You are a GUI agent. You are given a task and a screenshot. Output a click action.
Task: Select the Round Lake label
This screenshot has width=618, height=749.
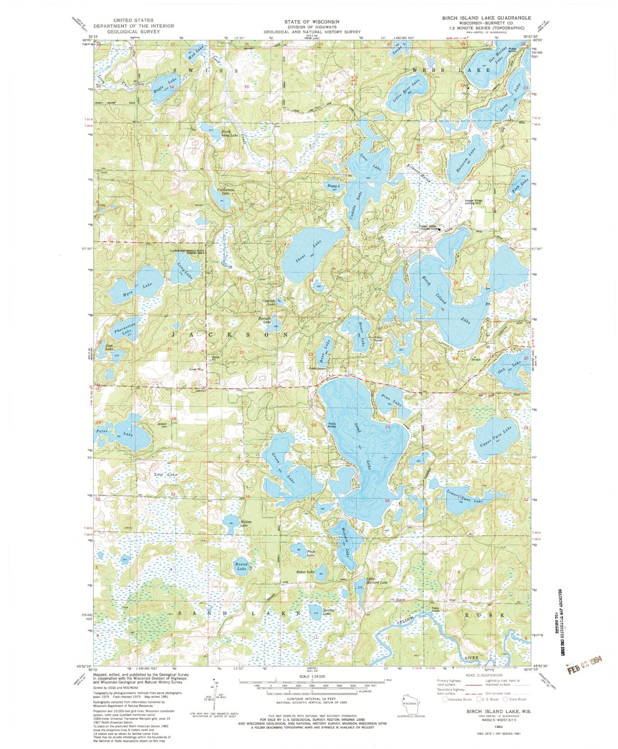pyautogui.click(x=242, y=567)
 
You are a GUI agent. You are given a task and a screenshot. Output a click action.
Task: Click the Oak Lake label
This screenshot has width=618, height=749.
pyautogui.click(x=511, y=368)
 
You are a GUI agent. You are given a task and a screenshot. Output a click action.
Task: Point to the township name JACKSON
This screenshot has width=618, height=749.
pyautogui.click(x=230, y=335)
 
